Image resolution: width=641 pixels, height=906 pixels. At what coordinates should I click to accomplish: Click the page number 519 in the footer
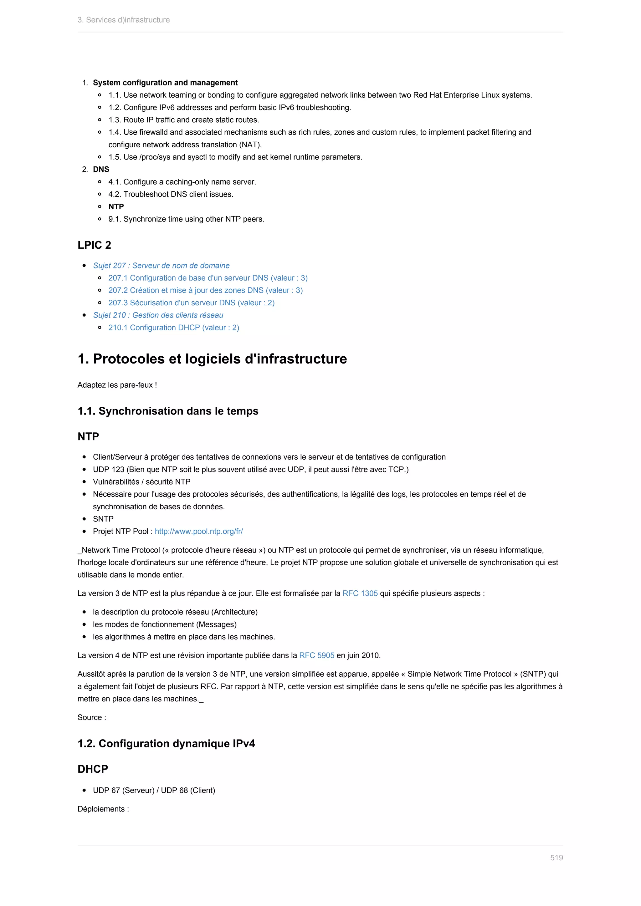[x=556, y=858]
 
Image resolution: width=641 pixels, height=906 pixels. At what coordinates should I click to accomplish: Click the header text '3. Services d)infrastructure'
[x=124, y=20]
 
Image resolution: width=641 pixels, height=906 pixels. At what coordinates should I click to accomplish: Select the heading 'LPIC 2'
[x=94, y=245]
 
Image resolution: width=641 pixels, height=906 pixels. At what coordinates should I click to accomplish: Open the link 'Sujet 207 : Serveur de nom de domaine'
[x=161, y=266]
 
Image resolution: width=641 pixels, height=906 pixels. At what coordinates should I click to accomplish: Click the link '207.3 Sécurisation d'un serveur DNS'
[x=192, y=303]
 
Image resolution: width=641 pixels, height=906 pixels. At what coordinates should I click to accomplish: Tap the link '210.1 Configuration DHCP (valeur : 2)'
[x=174, y=328]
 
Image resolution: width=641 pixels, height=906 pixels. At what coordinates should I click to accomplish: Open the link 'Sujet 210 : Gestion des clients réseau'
[x=158, y=315]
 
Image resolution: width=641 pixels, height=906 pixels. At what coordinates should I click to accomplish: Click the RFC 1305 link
[x=360, y=593]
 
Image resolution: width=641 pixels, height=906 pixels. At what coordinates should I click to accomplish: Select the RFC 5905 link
[x=316, y=655]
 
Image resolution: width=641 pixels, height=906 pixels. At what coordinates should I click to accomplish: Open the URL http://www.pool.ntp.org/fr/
[x=198, y=532]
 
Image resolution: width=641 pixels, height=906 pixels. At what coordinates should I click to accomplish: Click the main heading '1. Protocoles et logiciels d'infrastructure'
[x=212, y=359]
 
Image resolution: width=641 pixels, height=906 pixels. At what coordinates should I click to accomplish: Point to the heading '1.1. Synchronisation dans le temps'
[x=168, y=411]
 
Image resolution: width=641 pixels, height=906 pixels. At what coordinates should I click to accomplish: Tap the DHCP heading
[x=93, y=769]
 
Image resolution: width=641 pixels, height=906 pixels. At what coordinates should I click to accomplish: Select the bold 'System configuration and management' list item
[x=165, y=83]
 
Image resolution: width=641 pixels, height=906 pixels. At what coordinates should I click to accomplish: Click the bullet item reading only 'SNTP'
[x=103, y=519]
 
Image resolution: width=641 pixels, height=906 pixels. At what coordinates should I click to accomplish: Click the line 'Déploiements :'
[x=103, y=809]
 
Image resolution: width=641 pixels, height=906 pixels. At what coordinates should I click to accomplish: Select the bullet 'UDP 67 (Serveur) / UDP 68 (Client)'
[x=154, y=790]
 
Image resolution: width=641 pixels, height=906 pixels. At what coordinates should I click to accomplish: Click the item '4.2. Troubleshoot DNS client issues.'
[x=171, y=194]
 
